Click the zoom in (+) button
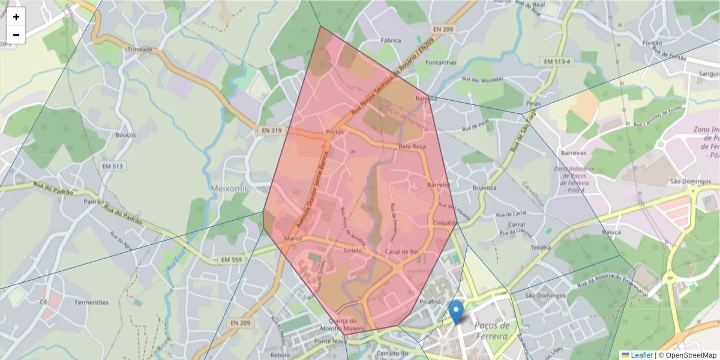(x=16, y=17)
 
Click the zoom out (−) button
(x=16, y=35)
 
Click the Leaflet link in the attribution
(x=641, y=355)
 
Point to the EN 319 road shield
(x=272, y=130)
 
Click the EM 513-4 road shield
(x=558, y=61)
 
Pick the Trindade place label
(x=140, y=49)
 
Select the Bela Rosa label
(x=412, y=146)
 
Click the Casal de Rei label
(x=401, y=251)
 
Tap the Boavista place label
(x=484, y=188)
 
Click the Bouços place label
(x=125, y=135)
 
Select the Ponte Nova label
(x=331, y=341)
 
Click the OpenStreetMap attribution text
(x=691, y=355)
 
